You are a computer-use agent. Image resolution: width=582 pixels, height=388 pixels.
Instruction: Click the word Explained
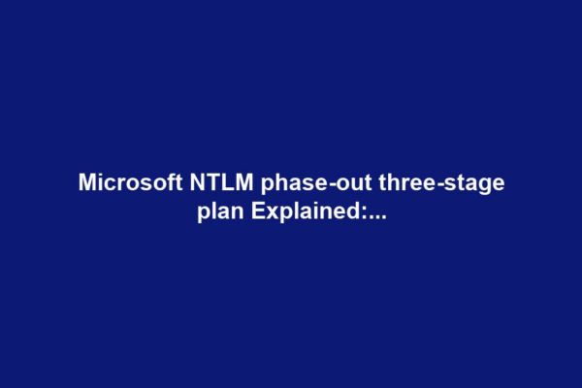point(305,211)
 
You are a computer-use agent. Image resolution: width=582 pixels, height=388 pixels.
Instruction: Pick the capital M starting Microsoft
point(86,183)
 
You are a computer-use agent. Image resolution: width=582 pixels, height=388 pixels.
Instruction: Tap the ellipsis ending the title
point(376,217)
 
